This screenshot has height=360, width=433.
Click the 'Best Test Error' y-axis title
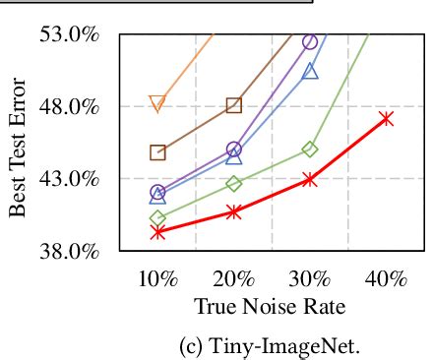pyautogui.click(x=18, y=143)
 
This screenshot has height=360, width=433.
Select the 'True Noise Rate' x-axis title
pyautogui.click(x=270, y=306)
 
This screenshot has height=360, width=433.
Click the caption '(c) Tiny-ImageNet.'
pyautogui.click(x=270, y=345)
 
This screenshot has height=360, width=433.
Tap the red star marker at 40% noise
pyautogui.click(x=386, y=118)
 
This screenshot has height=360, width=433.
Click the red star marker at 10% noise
pyautogui.click(x=157, y=232)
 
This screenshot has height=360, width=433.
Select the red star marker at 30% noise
pyautogui.click(x=310, y=179)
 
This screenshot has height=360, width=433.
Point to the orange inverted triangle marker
pyautogui.click(x=157, y=103)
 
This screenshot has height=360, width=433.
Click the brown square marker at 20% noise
pyautogui.click(x=234, y=105)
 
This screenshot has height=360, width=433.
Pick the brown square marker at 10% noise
pyautogui.click(x=157, y=151)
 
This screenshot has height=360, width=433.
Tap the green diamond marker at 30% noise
pyautogui.click(x=310, y=150)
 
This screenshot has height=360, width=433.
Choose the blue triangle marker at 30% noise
pyautogui.click(x=310, y=71)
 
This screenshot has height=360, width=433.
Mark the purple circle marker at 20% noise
pyautogui.click(x=234, y=150)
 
